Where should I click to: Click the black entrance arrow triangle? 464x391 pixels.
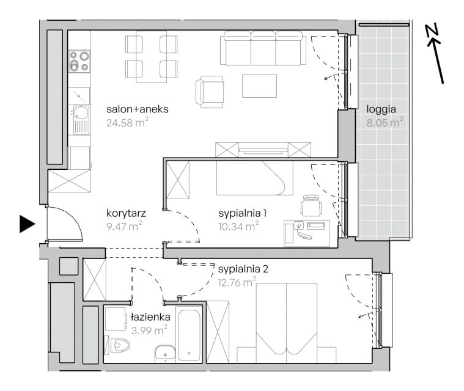pos(27,224)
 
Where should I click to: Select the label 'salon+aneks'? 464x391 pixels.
pos(138,109)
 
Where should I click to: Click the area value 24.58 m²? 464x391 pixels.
pos(127,122)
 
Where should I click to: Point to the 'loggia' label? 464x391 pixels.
pos(381,109)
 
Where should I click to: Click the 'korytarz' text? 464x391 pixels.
pos(126,213)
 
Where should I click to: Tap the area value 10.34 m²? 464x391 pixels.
pos(238,226)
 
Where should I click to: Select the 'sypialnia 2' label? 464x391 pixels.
pos(243,269)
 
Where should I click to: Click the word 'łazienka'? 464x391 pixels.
pos(150,317)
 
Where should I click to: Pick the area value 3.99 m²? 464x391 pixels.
pos(149,330)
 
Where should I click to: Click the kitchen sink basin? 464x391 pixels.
pos(81,112)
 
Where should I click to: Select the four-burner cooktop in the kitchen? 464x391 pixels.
pos(79,61)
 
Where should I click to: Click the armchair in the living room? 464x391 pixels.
pos(210,92)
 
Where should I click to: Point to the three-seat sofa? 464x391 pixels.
pos(263,48)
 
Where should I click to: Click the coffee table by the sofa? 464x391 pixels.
pos(260,86)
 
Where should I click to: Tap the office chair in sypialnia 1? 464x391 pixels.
pos(311,205)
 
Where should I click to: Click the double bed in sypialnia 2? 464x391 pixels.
pos(287,323)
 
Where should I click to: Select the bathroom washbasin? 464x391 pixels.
pos(165,354)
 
